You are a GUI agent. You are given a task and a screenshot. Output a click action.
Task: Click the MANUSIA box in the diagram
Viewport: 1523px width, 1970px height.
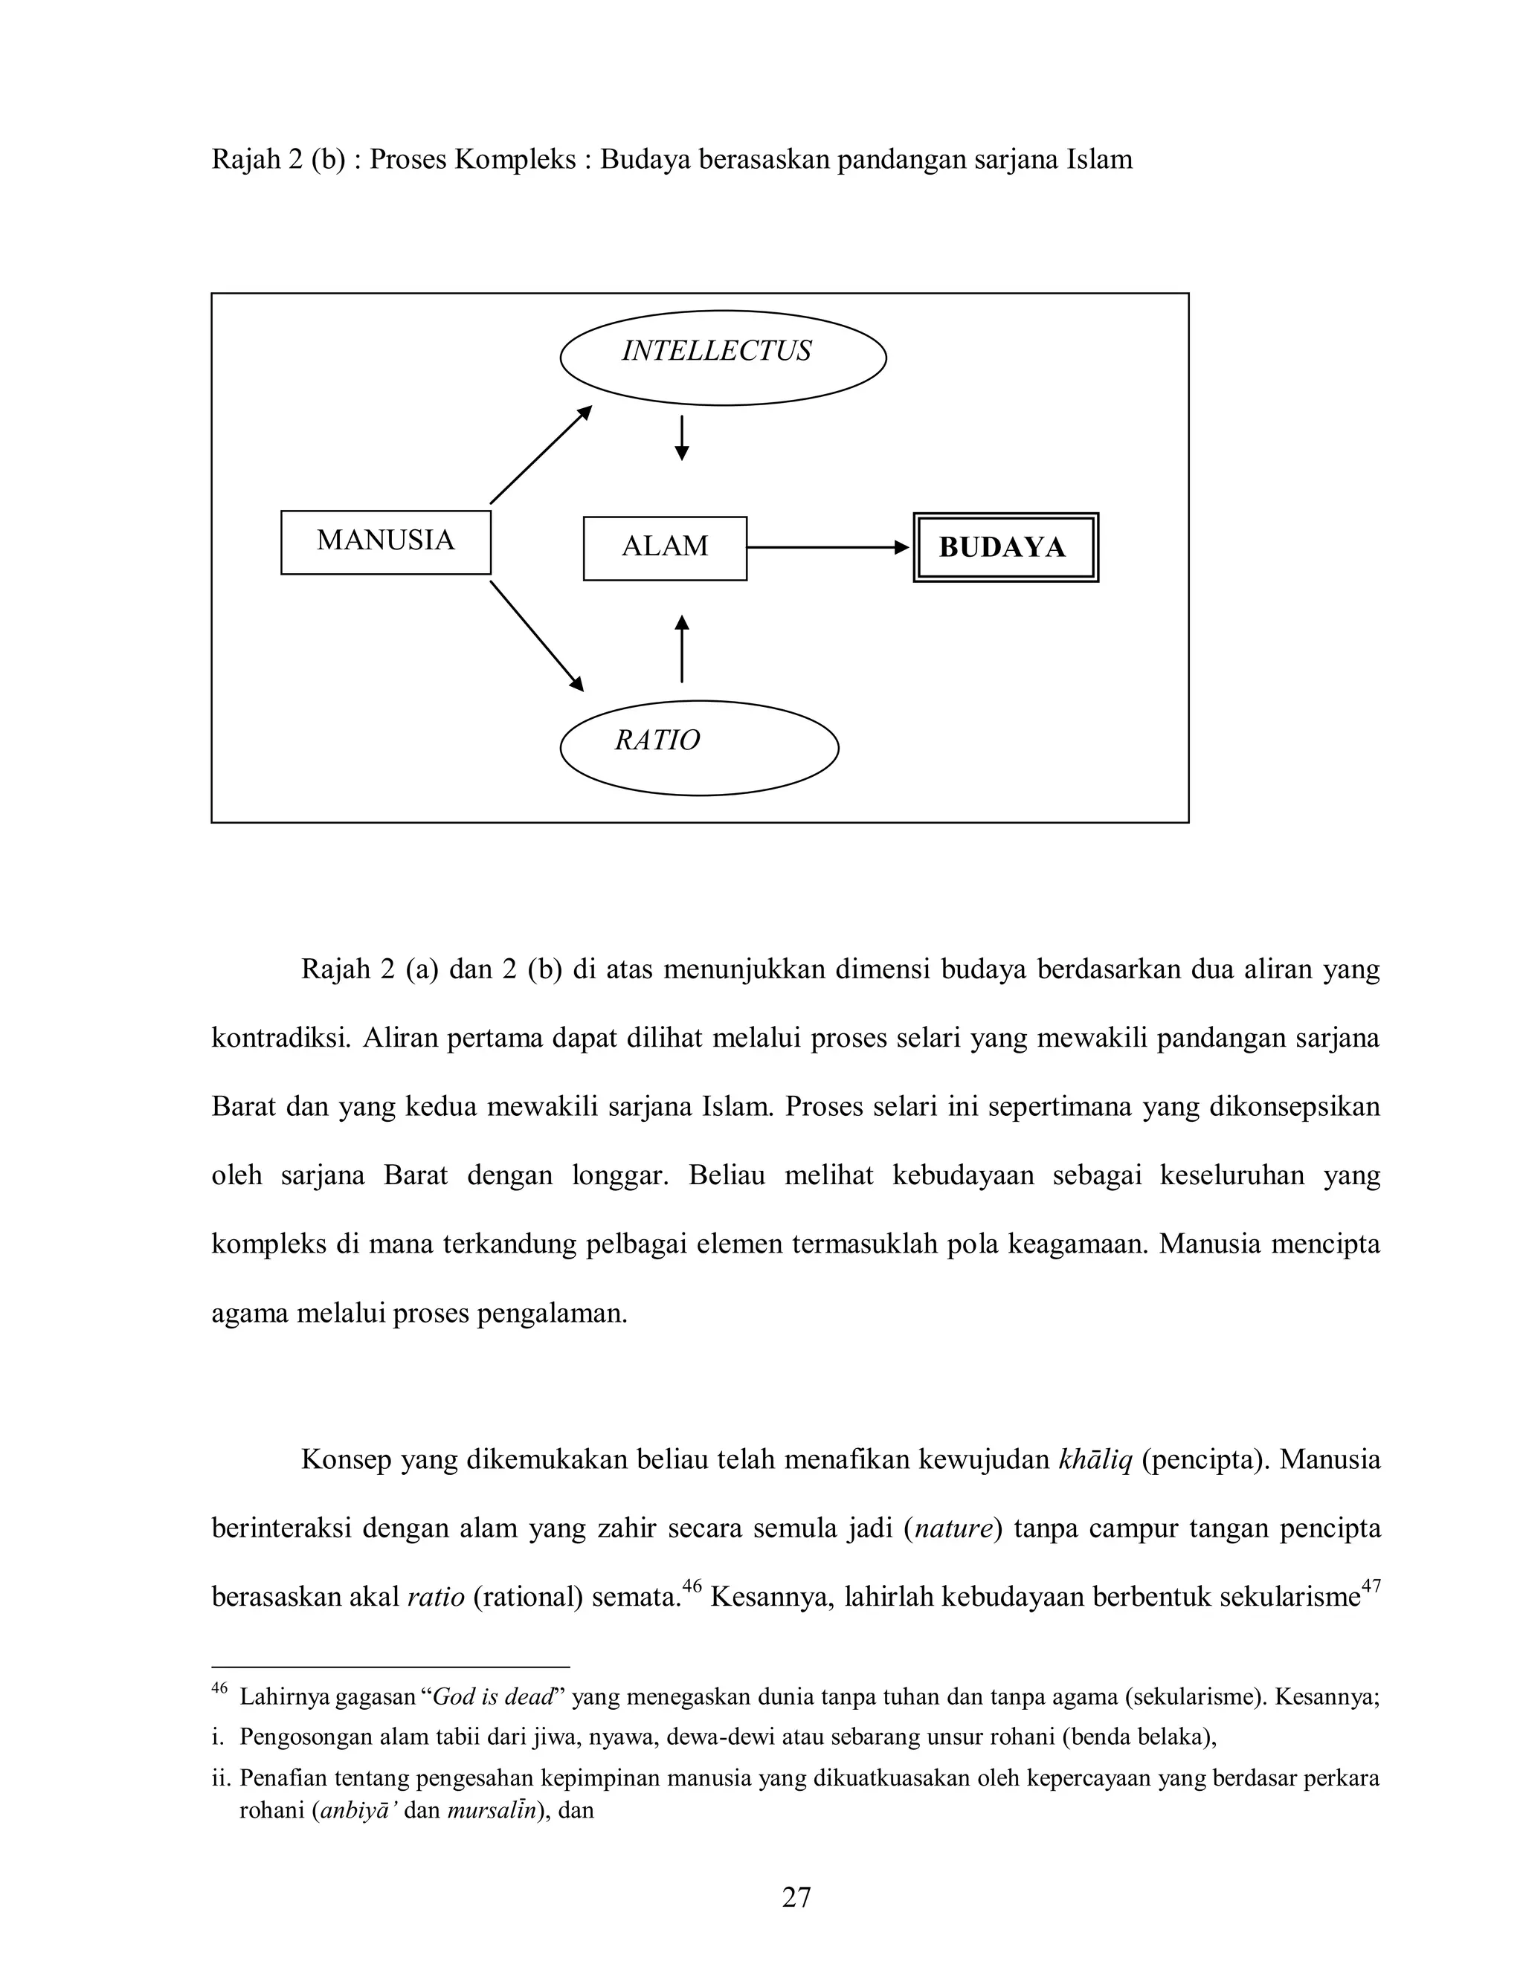pyautogui.click(x=385, y=542)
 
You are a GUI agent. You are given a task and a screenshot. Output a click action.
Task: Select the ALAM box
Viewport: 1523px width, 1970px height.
pyautogui.click(x=665, y=548)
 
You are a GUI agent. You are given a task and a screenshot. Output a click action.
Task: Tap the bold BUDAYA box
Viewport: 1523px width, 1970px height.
pyautogui.click(x=1005, y=548)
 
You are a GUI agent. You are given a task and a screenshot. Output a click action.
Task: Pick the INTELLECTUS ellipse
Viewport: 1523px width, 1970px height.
pyautogui.click(x=722, y=357)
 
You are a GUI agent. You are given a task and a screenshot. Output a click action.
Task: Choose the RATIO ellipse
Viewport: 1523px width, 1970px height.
pyautogui.click(x=699, y=747)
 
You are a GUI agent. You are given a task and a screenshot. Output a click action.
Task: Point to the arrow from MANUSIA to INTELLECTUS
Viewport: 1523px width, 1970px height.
pyautogui.click(x=541, y=455)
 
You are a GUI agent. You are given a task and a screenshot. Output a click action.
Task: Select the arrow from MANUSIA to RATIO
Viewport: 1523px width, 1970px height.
pyautogui.click(x=537, y=636)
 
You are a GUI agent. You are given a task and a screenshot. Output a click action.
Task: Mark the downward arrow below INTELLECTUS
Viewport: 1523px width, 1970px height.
pyautogui.click(x=682, y=437)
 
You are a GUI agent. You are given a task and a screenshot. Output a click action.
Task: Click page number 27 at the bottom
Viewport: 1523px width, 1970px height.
pyautogui.click(x=796, y=1897)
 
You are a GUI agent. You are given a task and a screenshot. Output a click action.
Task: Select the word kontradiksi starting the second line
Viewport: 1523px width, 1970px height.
pyautogui.click(x=280, y=1039)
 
